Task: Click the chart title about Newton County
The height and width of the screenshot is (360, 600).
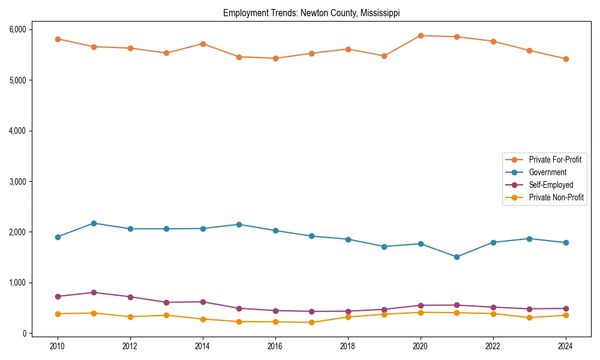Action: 311,13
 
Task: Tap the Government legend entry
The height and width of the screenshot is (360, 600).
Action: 547,172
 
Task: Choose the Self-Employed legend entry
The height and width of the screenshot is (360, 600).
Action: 551,185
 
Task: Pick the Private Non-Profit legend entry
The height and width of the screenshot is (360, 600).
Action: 556,197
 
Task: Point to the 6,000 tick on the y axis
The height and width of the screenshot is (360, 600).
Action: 17,29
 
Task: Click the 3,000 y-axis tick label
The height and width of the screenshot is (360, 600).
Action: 17,181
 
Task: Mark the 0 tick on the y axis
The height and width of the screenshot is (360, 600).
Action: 24,334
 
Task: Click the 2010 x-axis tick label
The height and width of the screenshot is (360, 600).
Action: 58,346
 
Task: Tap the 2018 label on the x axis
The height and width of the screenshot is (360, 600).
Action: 348,346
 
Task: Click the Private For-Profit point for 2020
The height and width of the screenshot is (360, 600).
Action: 421,35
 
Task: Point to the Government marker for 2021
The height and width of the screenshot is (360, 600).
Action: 457,257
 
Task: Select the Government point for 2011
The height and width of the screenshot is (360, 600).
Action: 94,223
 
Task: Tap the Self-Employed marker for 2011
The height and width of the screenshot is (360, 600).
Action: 94,293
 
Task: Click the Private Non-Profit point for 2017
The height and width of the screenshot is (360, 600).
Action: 311,322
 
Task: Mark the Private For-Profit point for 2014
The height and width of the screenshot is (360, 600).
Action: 203,44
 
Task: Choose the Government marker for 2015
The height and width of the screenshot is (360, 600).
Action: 239,224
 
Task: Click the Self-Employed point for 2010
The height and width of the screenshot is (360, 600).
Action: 58,296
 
